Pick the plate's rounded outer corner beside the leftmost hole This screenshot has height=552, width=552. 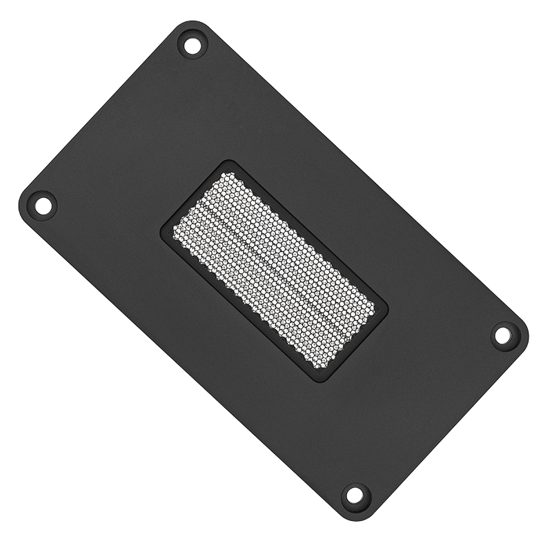[21, 200]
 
